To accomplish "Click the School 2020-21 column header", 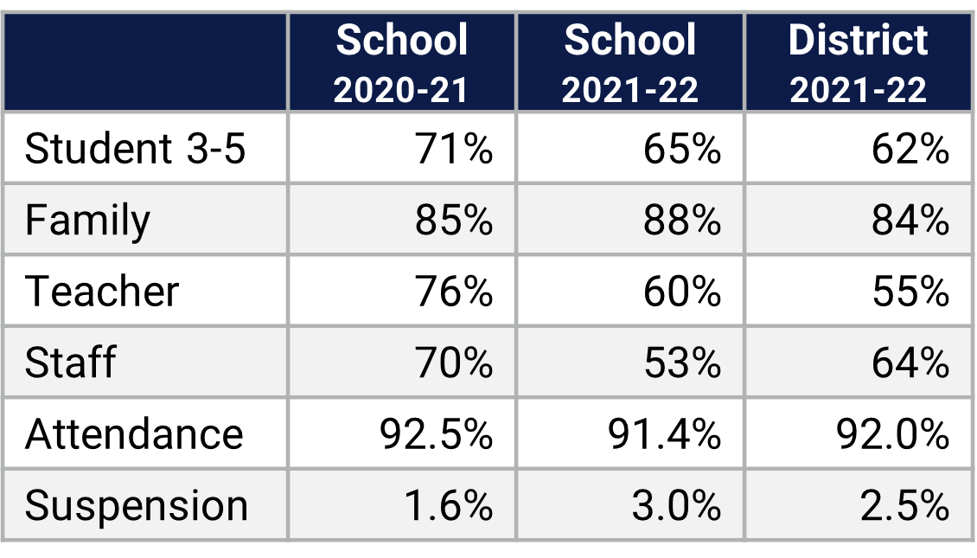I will point(401,63).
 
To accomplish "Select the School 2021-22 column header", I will point(629,63).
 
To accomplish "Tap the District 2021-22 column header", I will point(858,63).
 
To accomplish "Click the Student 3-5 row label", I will point(136,149).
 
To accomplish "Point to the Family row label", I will point(87,220).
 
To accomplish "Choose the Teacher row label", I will point(102,291).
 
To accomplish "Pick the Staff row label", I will point(70,362).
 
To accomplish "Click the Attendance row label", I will point(134,433).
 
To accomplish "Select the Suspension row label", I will point(137,505).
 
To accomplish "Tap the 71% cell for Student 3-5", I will point(454,149).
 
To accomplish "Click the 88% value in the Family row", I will point(682,220).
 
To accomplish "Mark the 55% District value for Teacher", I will point(910,291).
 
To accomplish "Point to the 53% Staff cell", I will point(682,362).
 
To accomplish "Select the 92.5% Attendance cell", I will point(436,433).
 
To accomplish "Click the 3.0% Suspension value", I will point(676,505).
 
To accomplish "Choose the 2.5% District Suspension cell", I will point(904,505).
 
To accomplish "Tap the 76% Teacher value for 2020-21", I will point(454,291).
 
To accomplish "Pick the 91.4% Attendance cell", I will point(664,433).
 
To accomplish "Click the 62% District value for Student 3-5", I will point(910,149).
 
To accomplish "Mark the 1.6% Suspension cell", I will point(448,505).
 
